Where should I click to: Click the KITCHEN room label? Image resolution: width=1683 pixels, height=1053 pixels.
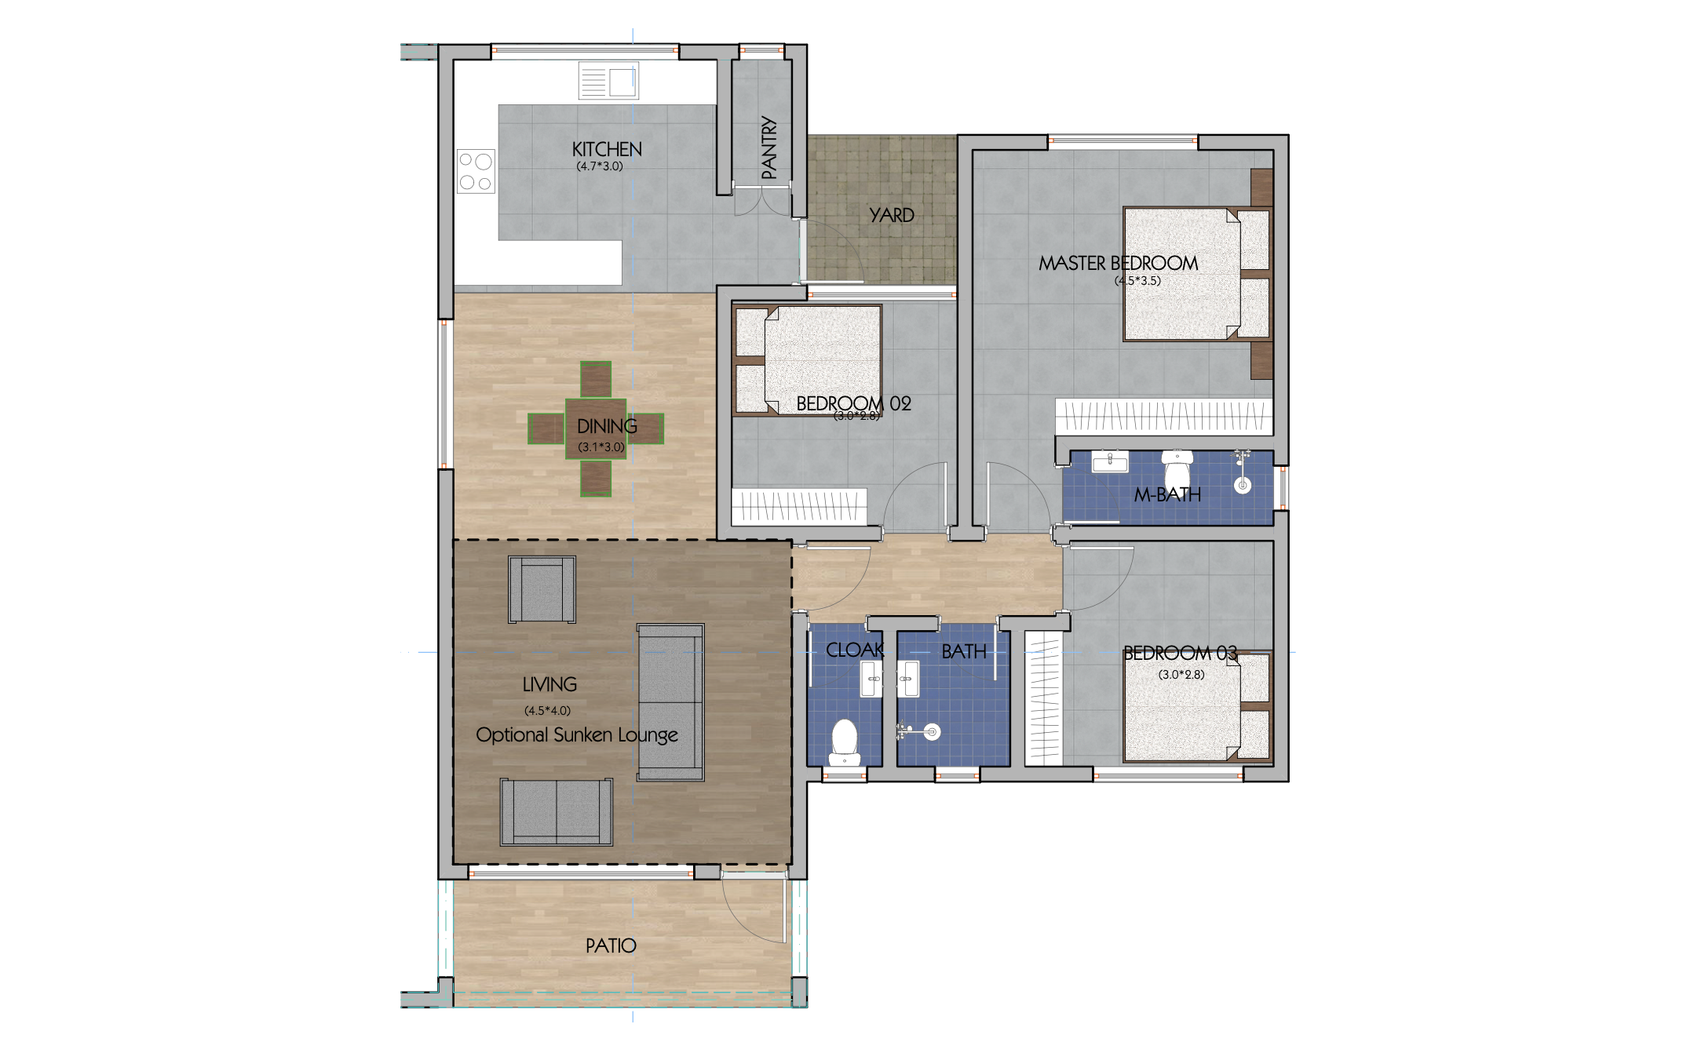[x=606, y=149]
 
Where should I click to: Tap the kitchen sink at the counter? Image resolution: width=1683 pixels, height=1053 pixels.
[x=608, y=80]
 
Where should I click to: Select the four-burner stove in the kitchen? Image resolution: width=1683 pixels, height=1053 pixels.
[x=476, y=171]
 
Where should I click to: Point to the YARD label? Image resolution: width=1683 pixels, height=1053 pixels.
[x=891, y=215]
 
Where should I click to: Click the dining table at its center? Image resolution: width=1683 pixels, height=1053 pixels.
[x=596, y=428]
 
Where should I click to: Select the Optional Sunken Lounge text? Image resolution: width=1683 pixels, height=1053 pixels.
[x=576, y=735]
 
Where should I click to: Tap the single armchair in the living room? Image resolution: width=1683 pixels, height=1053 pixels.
[x=542, y=589]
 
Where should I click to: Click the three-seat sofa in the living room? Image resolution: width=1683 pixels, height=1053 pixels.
[x=670, y=701]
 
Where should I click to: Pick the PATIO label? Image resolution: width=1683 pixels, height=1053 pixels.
[x=610, y=946]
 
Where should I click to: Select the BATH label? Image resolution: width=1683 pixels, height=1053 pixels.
[x=963, y=651]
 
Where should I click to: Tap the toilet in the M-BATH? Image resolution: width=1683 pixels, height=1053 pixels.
[x=1177, y=470]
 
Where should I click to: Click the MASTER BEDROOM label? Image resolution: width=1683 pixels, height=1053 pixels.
[x=1118, y=263]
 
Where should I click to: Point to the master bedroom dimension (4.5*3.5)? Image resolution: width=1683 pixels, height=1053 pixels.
[x=1137, y=281]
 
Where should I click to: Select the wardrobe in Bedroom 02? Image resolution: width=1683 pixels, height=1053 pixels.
[x=799, y=506]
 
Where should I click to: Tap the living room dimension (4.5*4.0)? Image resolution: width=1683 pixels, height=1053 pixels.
[x=547, y=711]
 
